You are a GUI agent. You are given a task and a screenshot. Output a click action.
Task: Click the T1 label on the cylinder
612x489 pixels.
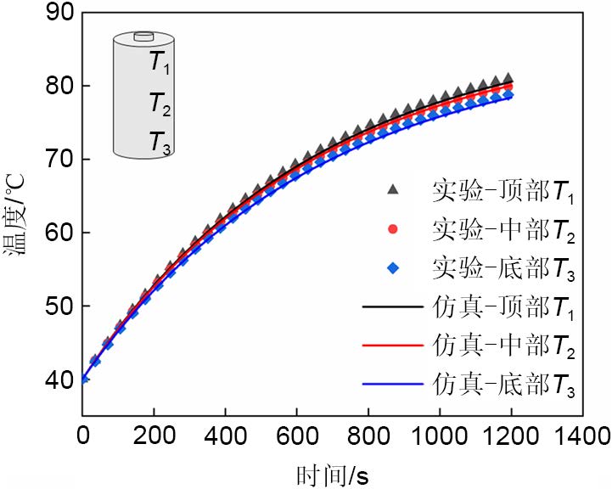click(160, 63)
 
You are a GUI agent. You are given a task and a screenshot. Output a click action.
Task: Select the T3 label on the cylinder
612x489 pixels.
click(160, 142)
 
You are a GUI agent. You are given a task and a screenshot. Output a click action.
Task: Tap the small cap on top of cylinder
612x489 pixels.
click(144, 37)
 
